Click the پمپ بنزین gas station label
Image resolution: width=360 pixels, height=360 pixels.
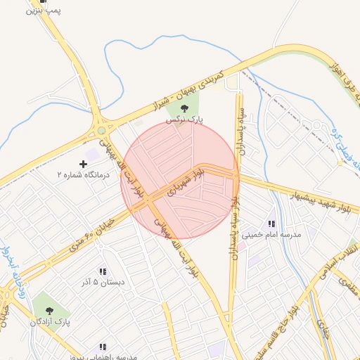pyautogui.click(x=44, y=11)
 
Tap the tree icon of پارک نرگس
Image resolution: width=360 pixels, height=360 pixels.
pyautogui.click(x=184, y=108)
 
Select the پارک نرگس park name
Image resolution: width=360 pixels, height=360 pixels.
pyautogui.click(x=184, y=120)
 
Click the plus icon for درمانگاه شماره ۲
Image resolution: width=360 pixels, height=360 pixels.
pyautogui.click(x=84, y=164)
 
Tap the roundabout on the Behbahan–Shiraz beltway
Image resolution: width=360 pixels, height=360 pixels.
pyautogui.click(x=102, y=130)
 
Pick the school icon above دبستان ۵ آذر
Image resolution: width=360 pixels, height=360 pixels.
pyautogui.click(x=103, y=271)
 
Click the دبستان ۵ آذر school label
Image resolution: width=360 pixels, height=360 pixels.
pyautogui.click(x=102, y=283)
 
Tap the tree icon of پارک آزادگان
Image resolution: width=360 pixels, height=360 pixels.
pyautogui.click(x=49, y=310)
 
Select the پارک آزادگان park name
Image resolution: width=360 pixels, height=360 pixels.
pyautogui.click(x=49, y=321)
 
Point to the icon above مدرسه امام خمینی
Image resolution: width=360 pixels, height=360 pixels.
pyautogui.click(x=271, y=224)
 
